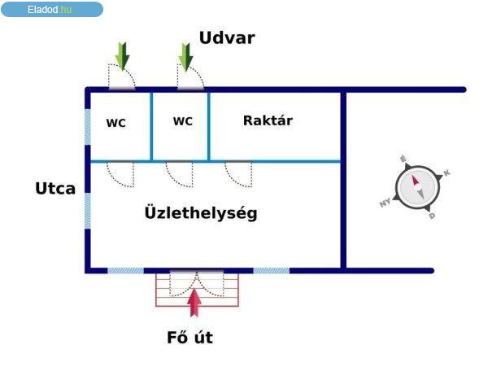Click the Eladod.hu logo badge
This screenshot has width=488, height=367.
pos(52,9)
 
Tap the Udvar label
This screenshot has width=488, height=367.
pos(227,38)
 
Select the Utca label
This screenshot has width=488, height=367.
pos(55,188)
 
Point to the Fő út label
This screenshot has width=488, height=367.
pos(190,338)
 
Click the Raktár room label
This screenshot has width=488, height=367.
pos(268,120)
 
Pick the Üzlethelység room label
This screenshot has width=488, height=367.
pos(201,213)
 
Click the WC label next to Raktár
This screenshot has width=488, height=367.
pos(183,120)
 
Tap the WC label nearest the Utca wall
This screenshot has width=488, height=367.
pos(116,123)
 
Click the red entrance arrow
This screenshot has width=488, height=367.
pos(194,303)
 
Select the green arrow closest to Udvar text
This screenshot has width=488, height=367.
pos(185,58)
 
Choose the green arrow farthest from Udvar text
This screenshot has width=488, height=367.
pos(122,56)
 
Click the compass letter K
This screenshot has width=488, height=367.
pos(447,173)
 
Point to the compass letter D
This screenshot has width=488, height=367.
pos(432,216)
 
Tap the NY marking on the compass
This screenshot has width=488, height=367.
pos(386,203)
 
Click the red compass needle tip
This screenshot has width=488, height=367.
pos(413,176)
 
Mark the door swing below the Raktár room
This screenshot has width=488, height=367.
pos(238,174)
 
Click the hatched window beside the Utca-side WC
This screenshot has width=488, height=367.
pos(88,127)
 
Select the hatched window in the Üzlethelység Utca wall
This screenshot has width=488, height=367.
pos(88,211)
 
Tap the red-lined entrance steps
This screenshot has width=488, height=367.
pos(198,290)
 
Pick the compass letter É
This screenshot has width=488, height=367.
pos(403,159)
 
